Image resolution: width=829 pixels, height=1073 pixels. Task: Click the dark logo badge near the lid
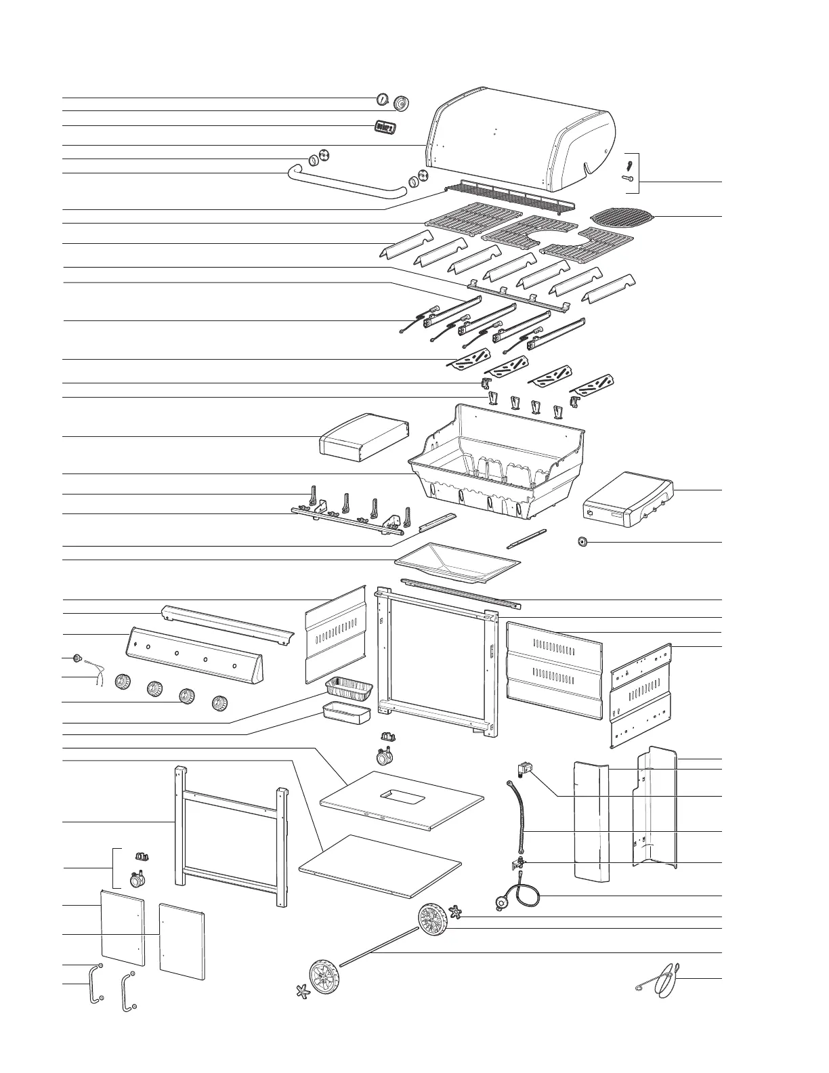click(385, 127)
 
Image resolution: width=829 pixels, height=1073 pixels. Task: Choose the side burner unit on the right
click(627, 499)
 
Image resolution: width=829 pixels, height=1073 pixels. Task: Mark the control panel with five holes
click(190, 654)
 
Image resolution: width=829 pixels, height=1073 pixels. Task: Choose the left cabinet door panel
click(123, 927)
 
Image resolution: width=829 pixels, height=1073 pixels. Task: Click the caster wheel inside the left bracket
click(137, 879)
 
